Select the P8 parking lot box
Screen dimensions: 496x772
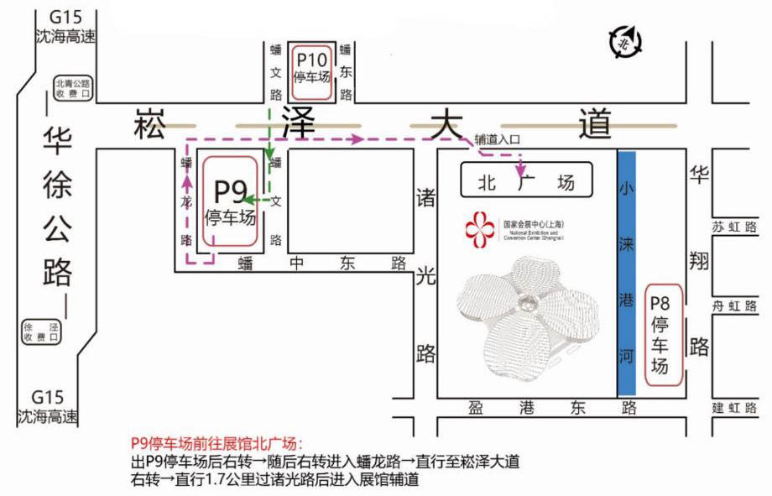660,335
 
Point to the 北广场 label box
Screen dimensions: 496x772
526,180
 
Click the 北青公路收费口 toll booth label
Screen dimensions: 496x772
72,88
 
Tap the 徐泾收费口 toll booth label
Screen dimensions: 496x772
41,332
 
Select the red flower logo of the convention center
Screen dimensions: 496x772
480,230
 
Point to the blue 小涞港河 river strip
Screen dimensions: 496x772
626,273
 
